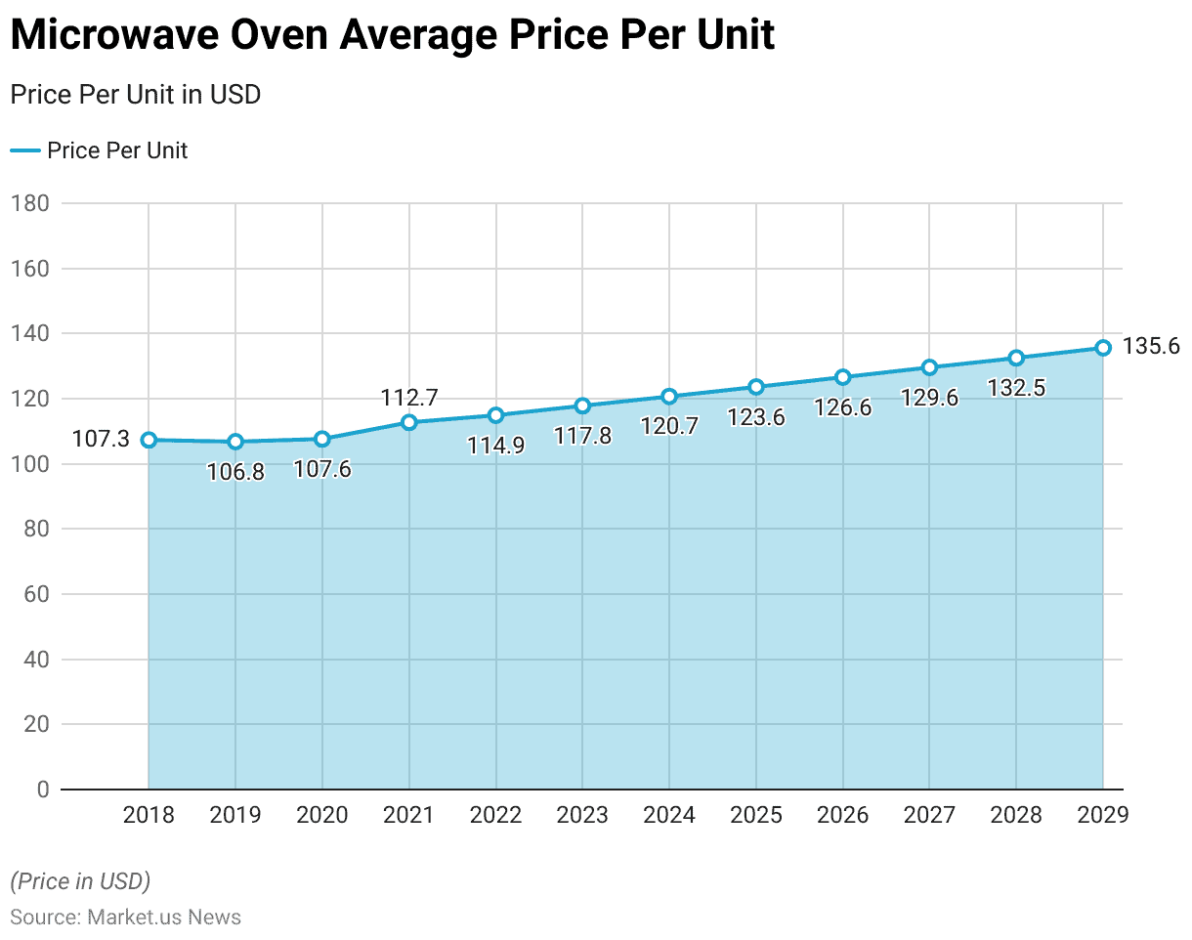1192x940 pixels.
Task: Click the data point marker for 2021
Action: (409, 422)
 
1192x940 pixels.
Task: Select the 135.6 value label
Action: (1151, 347)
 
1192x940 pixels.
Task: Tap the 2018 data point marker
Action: (149, 440)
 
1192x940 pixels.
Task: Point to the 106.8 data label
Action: (235, 473)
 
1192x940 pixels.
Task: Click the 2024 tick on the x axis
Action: (669, 815)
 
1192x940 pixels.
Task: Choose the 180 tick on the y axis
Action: (32, 203)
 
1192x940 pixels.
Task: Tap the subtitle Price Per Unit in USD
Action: (135, 95)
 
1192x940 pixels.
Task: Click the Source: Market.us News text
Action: (125, 917)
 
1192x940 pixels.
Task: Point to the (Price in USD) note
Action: (80, 881)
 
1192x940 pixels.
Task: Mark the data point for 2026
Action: (842, 377)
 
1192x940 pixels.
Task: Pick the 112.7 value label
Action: (409, 398)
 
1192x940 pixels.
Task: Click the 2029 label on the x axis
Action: (1102, 815)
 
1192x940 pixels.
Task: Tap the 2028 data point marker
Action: (1016, 358)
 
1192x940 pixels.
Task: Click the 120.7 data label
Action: (669, 426)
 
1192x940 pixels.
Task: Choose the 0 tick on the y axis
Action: (44, 789)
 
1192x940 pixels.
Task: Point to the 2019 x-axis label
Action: (235, 815)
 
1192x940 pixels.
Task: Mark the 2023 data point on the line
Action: (582, 406)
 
